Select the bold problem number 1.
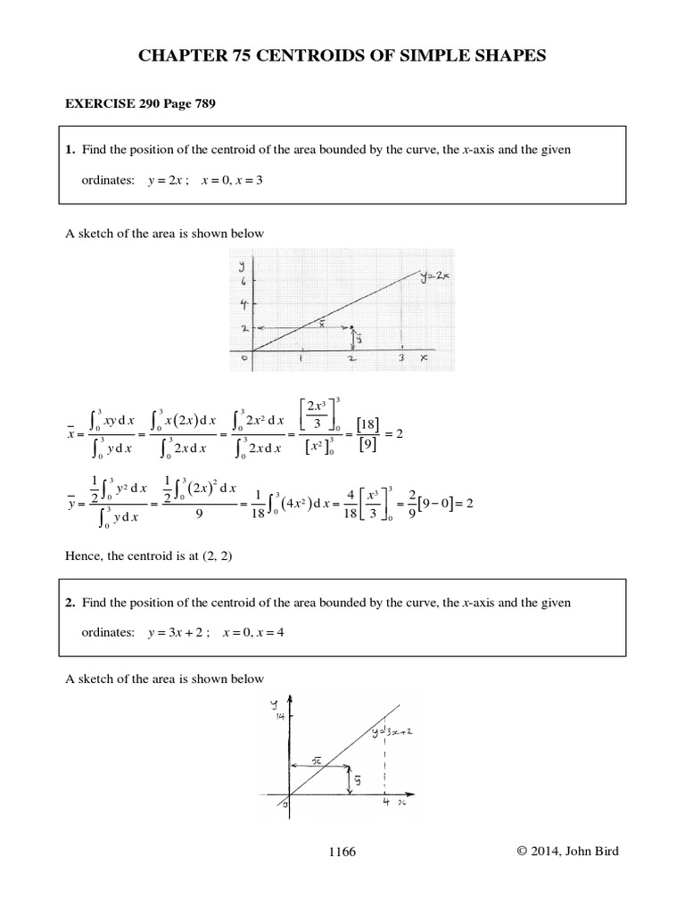click(69, 150)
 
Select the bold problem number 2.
click(69, 603)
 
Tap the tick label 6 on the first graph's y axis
click(241, 281)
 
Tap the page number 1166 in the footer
click(342, 851)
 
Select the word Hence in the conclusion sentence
click(85, 557)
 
